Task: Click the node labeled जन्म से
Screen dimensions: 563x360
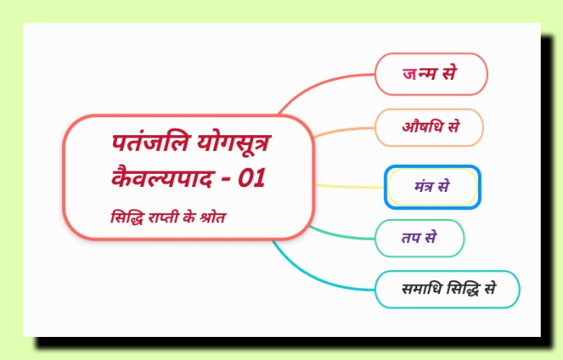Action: click(431, 74)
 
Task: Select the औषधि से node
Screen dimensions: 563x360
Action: click(429, 128)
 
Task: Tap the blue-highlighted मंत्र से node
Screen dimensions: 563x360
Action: click(432, 187)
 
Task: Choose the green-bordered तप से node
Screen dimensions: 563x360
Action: click(420, 238)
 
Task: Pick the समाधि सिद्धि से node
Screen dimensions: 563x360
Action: click(448, 289)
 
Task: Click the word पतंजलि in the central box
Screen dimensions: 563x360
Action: click(150, 143)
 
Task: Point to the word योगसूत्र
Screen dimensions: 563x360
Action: click(234, 143)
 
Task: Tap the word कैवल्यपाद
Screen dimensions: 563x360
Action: click(162, 177)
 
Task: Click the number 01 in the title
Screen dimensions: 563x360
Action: click(251, 178)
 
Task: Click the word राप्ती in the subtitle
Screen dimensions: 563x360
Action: click(164, 217)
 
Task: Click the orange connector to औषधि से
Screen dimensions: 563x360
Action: click(344, 131)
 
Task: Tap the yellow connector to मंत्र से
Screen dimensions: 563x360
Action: click(350, 186)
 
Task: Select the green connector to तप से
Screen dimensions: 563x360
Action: click(341, 235)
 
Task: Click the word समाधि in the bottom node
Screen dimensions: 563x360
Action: click(421, 289)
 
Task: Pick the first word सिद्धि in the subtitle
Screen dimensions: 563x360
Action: click(128, 217)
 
